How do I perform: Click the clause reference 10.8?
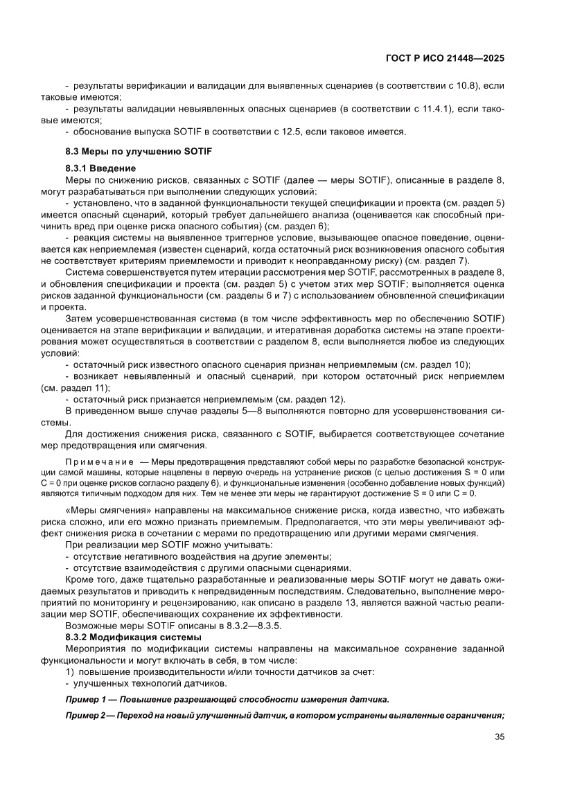coord(469,86)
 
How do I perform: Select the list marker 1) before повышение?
coord(69,671)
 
